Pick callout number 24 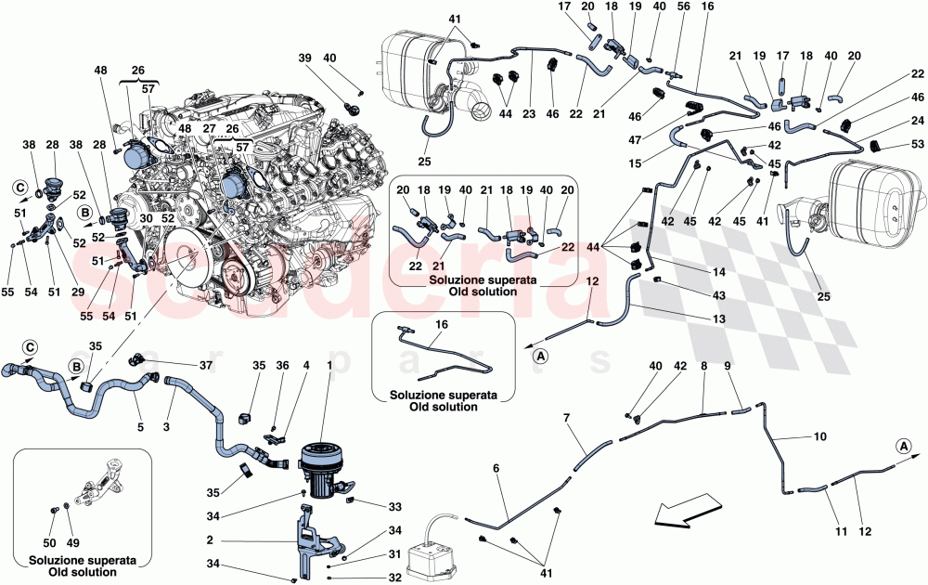click(x=918, y=121)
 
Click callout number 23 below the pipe click(x=529, y=115)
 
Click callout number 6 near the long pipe click(x=496, y=468)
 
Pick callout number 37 click(x=206, y=366)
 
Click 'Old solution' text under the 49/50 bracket click(x=84, y=573)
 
